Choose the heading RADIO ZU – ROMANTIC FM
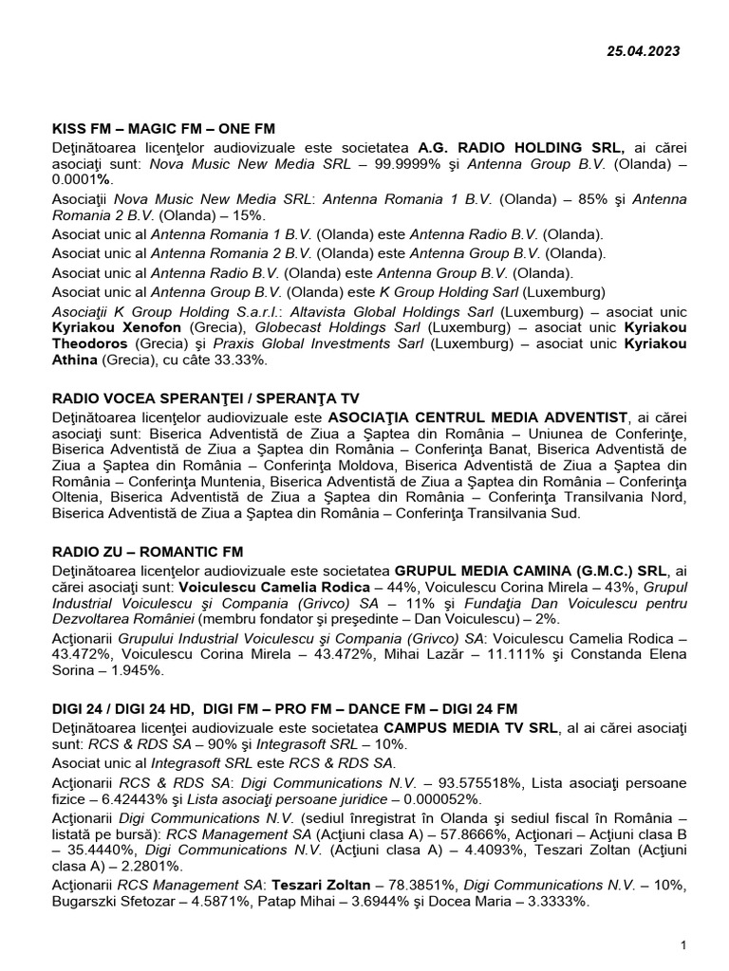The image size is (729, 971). (x=148, y=551)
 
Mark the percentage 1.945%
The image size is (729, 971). (x=135, y=669)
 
